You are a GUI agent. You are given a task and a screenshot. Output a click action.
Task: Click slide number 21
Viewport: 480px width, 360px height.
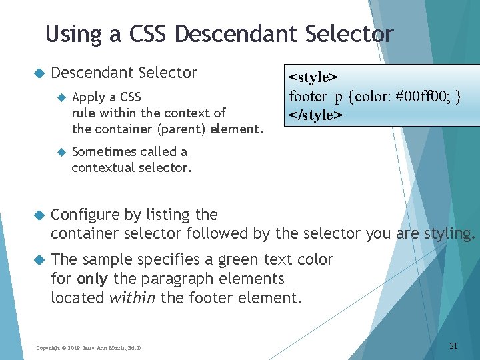(x=453, y=345)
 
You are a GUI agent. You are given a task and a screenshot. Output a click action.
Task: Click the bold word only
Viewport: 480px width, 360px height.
(x=93, y=279)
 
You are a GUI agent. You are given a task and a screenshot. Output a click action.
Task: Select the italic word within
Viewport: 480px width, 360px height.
(x=131, y=298)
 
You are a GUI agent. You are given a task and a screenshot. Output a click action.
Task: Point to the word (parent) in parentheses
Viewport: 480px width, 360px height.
(x=179, y=129)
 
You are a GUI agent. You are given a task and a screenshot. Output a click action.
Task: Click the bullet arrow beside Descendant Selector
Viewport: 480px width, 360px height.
(x=38, y=73)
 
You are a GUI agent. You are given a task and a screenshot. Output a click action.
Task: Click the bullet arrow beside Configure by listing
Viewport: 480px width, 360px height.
(x=38, y=215)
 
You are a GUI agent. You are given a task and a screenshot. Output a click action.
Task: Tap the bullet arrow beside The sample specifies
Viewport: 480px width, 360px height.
(x=38, y=260)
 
